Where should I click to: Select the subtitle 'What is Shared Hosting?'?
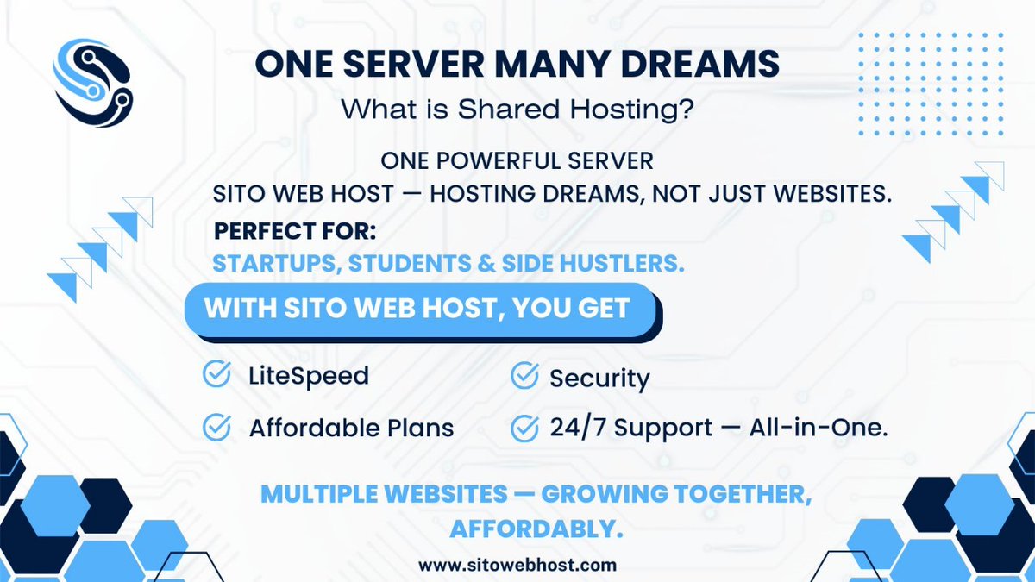[x=517, y=110]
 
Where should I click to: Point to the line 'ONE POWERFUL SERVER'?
[x=517, y=161]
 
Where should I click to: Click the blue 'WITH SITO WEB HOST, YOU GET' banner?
[x=418, y=308]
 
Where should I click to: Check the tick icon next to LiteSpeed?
[x=216, y=375]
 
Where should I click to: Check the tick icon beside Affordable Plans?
[x=216, y=427]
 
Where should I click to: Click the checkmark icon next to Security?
[x=524, y=376]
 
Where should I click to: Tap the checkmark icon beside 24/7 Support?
[x=524, y=428]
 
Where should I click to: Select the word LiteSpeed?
[x=308, y=376]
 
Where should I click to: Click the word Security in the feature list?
[x=599, y=378]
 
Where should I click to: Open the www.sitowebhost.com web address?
[x=517, y=566]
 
